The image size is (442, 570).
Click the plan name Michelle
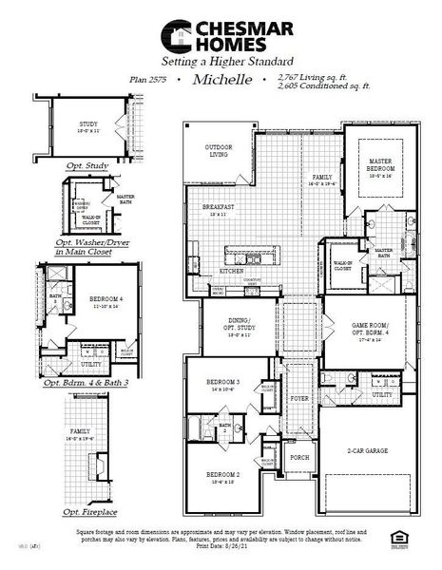click(222, 81)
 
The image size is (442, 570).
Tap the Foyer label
click(298, 400)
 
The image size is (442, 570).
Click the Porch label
click(298, 456)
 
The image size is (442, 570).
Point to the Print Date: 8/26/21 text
click(221, 547)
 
